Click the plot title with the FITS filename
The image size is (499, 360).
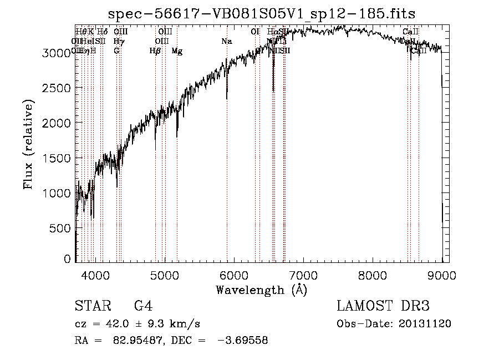[262, 13]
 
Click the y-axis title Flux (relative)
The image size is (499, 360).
[28, 144]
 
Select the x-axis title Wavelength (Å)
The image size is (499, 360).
[261, 290]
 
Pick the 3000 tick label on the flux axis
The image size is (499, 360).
[58, 53]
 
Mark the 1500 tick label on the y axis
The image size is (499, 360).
[58, 158]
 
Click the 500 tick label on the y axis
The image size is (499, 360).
[61, 228]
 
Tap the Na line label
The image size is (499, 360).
[226, 42]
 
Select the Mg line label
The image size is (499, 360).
[177, 51]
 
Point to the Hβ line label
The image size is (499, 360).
[155, 51]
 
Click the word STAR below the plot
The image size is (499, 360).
[92, 306]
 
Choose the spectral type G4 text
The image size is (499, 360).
[144, 306]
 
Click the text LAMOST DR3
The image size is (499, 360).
[383, 306]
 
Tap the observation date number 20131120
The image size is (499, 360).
[425, 324]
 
